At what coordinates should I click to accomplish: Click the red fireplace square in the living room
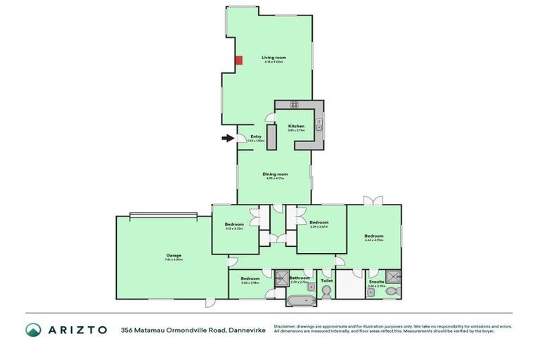239,60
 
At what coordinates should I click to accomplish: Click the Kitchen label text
296,126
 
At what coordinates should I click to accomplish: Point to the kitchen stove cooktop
293,105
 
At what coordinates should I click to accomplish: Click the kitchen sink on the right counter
319,127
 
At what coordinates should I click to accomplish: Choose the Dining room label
274,174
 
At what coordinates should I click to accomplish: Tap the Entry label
256,136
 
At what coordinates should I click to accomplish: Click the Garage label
174,255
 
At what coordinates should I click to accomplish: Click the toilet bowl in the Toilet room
326,295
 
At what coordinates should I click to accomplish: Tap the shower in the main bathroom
283,276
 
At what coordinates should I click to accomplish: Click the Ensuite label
376,282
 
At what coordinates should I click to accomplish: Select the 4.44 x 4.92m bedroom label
373,236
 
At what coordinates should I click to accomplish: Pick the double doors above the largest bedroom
373,201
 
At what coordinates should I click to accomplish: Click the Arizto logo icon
33,330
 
